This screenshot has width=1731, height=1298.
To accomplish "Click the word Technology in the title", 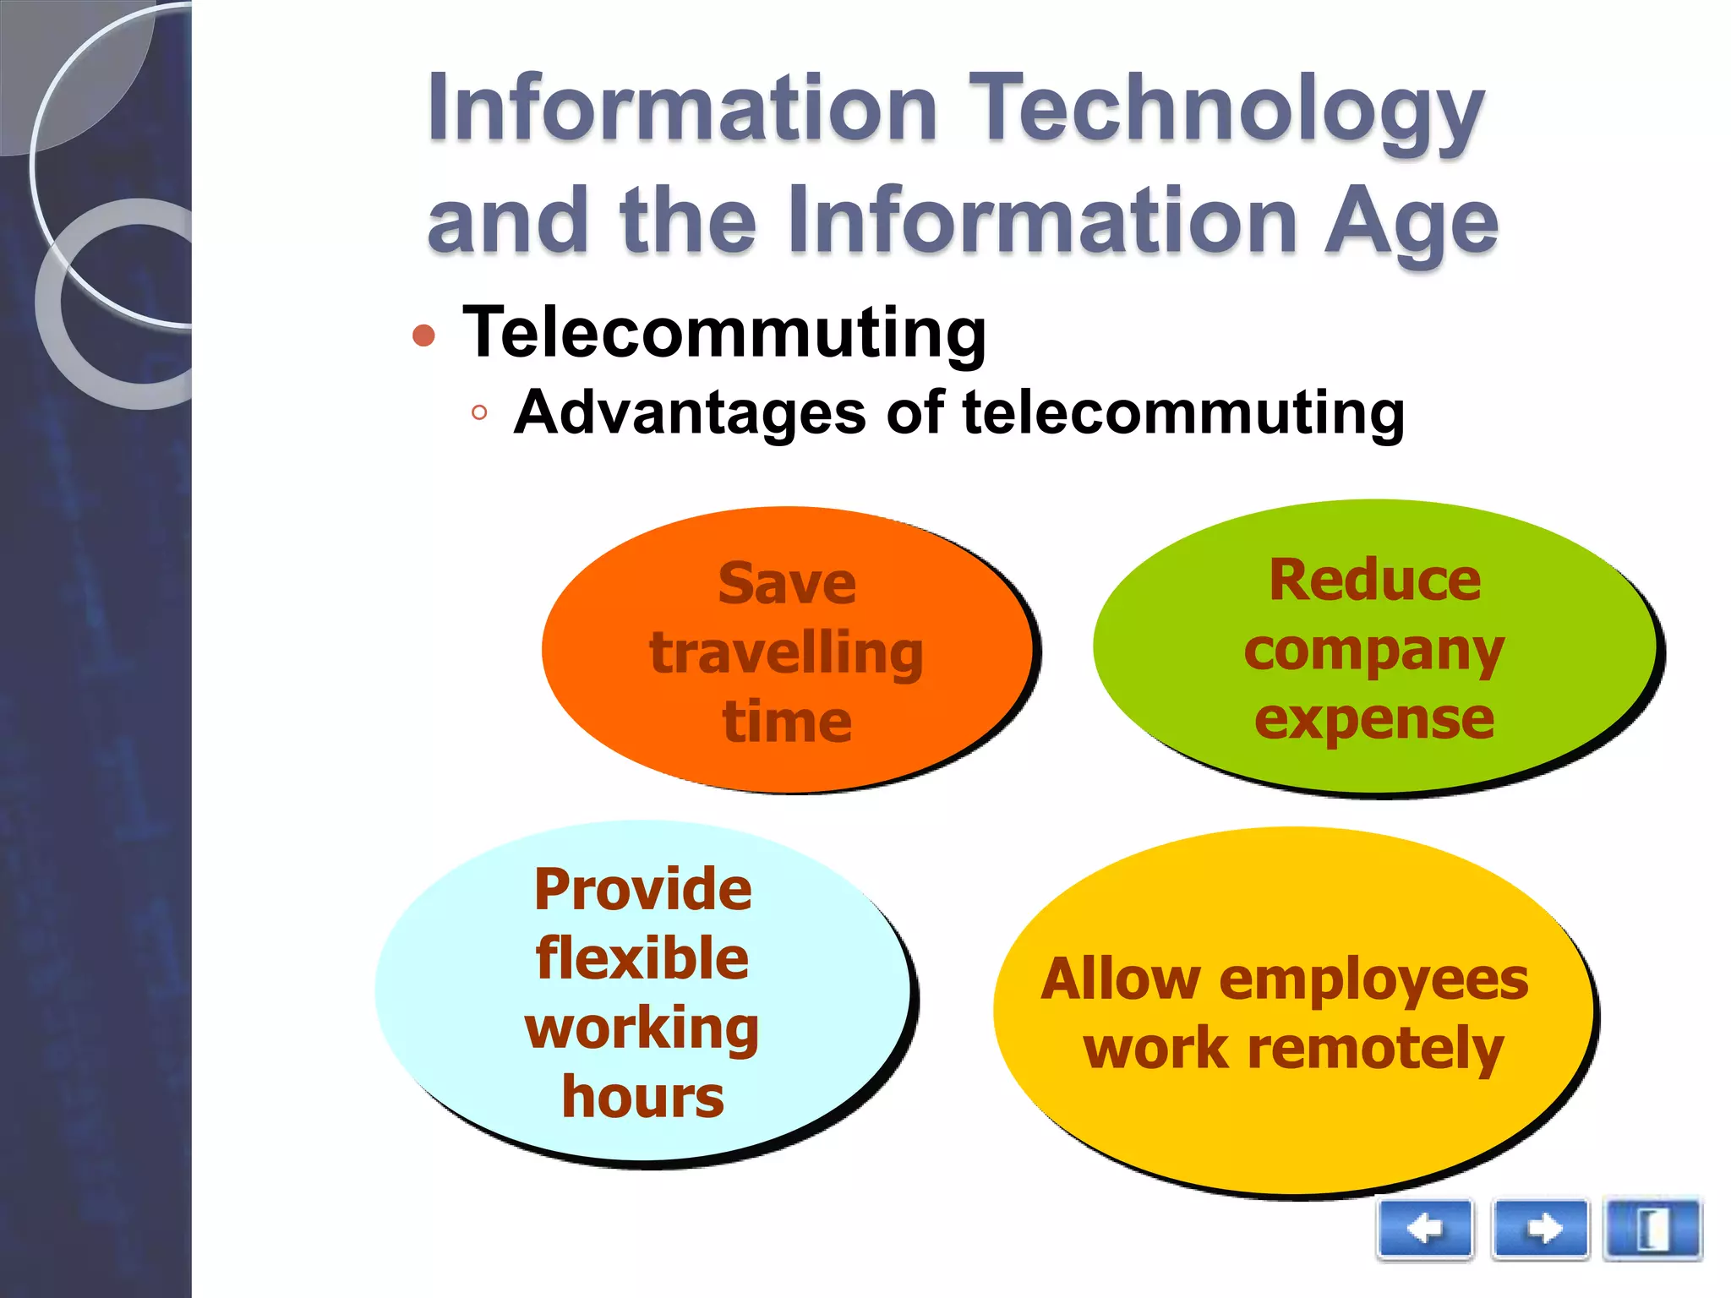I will point(1230,110).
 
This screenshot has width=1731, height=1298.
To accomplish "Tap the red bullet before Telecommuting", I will point(423,336).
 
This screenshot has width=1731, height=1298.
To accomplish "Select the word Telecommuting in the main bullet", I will point(724,333).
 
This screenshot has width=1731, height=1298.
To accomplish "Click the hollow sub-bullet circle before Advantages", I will point(479,413).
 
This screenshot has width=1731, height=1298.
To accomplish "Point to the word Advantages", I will point(690,413).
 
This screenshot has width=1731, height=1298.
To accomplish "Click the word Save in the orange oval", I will point(786,584).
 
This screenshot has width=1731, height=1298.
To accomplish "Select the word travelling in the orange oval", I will point(786,653).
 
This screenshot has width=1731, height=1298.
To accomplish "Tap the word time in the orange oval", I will point(786,723).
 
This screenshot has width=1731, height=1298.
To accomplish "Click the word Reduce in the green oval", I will point(1374,581).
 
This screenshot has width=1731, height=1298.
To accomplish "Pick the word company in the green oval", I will point(1374,652).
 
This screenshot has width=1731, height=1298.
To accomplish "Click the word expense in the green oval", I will point(1374,719).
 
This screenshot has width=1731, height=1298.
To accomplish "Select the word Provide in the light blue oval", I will point(642,890).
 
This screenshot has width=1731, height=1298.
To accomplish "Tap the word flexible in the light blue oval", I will point(642,958).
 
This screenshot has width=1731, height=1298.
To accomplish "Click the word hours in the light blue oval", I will point(642,1097).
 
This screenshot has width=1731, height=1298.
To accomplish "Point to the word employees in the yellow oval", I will point(1373,980).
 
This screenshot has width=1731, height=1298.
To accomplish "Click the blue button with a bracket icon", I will point(1652,1229).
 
